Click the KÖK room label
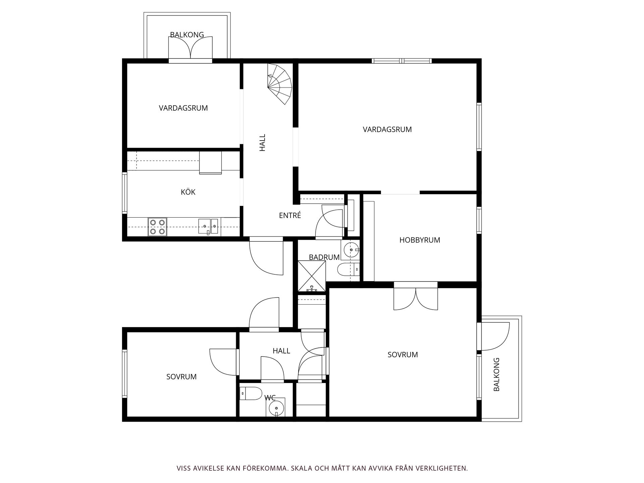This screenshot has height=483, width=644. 188,192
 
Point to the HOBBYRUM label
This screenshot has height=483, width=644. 420,240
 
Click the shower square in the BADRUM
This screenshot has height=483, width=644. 312,276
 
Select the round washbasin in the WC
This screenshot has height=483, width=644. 276,408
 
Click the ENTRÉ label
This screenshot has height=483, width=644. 290,216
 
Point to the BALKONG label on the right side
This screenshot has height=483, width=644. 496,374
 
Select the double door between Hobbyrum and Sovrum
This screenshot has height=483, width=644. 416,299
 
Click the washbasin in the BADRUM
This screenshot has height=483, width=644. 351,250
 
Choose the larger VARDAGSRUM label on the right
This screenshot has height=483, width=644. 387,129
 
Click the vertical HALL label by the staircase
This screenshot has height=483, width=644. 262,143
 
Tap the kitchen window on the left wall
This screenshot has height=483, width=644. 124,193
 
